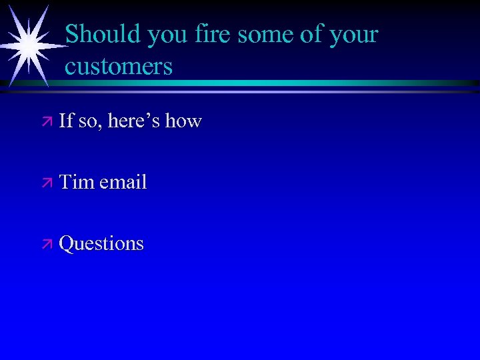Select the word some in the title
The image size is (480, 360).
click(x=263, y=35)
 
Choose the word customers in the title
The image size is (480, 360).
click(x=119, y=67)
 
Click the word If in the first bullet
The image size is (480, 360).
click(x=66, y=121)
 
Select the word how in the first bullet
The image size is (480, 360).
click(x=183, y=121)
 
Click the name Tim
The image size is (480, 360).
click(x=77, y=182)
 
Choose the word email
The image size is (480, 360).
click(x=123, y=182)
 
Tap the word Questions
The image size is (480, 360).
click(x=101, y=243)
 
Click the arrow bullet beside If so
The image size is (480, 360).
click(x=46, y=121)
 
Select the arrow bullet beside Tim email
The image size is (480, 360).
click(x=46, y=183)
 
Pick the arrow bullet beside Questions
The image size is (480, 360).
click(x=46, y=244)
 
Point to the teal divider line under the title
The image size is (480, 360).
click(x=267, y=83)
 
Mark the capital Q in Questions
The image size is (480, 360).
click(x=67, y=243)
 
